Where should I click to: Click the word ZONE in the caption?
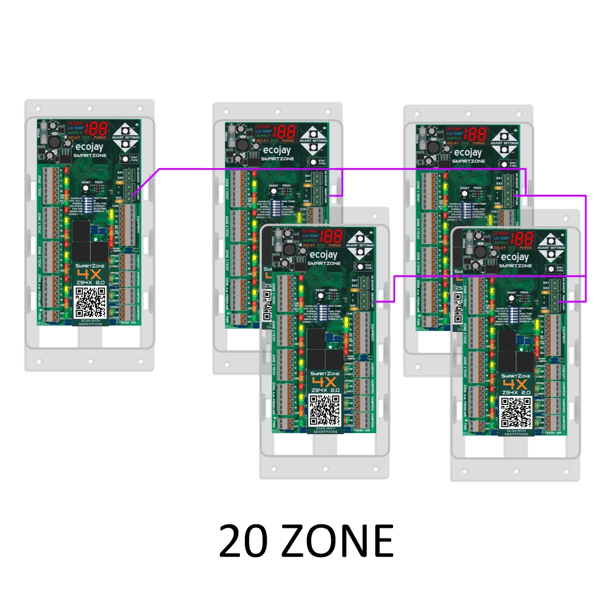pyautogui.click(x=337, y=541)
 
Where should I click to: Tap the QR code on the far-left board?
pyautogui.click(x=90, y=302)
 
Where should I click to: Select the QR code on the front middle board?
pyautogui.click(x=325, y=410)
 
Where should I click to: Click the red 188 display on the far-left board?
pyautogui.click(x=96, y=129)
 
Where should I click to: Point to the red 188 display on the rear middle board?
pyautogui.click(x=285, y=132)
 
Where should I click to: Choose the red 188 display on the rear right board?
pyautogui.click(x=475, y=134)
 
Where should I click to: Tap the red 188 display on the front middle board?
pyautogui.click(x=331, y=236)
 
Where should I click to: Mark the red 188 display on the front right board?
pyautogui.click(x=522, y=238)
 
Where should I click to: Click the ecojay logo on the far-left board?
pyautogui.click(x=89, y=146)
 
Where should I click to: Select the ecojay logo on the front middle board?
pyautogui.click(x=324, y=254)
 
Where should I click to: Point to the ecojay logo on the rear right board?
pyautogui.click(x=468, y=152)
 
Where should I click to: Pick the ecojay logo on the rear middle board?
pyautogui.click(x=277, y=150)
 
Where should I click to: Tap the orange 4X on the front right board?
pyautogui.click(x=515, y=384)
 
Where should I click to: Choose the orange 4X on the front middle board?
pyautogui.click(x=324, y=382)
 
